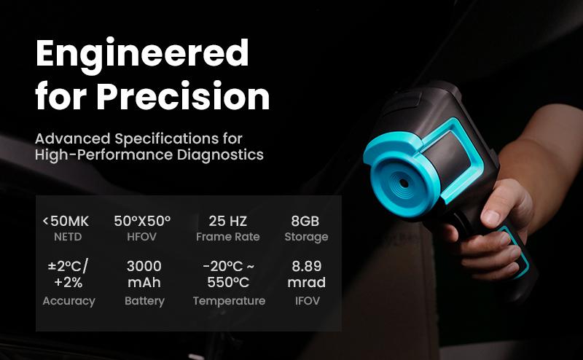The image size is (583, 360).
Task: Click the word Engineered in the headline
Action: point(142,53)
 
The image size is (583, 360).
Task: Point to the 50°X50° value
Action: point(143,222)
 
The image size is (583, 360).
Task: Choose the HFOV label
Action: point(143,237)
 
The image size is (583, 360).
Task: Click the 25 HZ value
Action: point(228,222)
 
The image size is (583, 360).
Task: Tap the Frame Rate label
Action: point(228,237)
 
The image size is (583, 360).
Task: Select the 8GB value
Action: point(306,222)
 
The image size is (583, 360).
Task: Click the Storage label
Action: point(306,237)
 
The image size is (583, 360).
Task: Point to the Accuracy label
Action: point(69,301)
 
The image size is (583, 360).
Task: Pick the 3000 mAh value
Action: point(144,274)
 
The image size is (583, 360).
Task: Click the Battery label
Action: point(144,301)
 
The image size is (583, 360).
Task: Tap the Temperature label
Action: point(229,301)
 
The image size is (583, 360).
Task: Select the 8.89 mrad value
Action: point(306,274)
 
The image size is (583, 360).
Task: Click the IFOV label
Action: point(306,301)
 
